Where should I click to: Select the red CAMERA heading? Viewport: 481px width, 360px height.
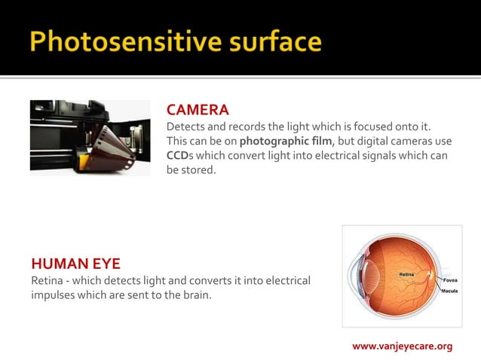click(198, 110)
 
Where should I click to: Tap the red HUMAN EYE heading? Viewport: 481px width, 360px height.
click(75, 264)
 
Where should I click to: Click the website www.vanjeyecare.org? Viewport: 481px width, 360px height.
click(402, 346)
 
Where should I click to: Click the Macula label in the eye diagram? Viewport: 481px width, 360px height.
click(450, 290)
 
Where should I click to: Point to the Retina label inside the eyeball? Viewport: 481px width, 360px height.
click(406, 273)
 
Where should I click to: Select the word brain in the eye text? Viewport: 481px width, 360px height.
click(195, 294)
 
